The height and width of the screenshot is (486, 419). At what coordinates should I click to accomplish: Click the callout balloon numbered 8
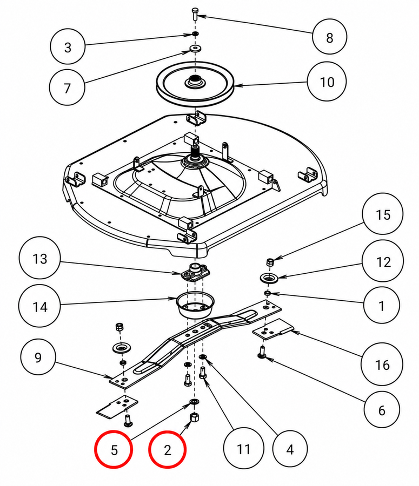(x=329, y=37)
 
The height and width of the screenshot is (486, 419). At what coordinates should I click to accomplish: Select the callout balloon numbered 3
(x=68, y=47)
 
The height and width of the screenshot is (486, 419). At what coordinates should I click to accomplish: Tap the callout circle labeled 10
(x=327, y=82)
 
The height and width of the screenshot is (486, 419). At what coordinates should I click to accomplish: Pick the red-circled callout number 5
(x=114, y=449)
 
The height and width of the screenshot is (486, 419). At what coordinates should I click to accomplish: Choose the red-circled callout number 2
(x=167, y=449)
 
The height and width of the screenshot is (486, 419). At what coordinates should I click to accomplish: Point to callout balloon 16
(x=382, y=364)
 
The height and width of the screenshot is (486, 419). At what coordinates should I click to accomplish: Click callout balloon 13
(x=39, y=258)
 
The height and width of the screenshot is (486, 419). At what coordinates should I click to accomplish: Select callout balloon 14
(x=39, y=306)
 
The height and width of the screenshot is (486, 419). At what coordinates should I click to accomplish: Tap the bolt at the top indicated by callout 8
(x=195, y=13)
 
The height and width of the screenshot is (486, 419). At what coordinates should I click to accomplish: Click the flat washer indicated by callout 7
(x=195, y=49)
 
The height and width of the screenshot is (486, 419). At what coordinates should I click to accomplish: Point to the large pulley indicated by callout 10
(x=195, y=83)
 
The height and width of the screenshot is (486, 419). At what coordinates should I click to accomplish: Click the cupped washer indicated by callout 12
(x=269, y=278)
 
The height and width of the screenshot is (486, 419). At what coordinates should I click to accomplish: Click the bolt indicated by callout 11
(x=203, y=372)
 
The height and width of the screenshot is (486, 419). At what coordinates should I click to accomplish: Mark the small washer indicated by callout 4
(x=203, y=357)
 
